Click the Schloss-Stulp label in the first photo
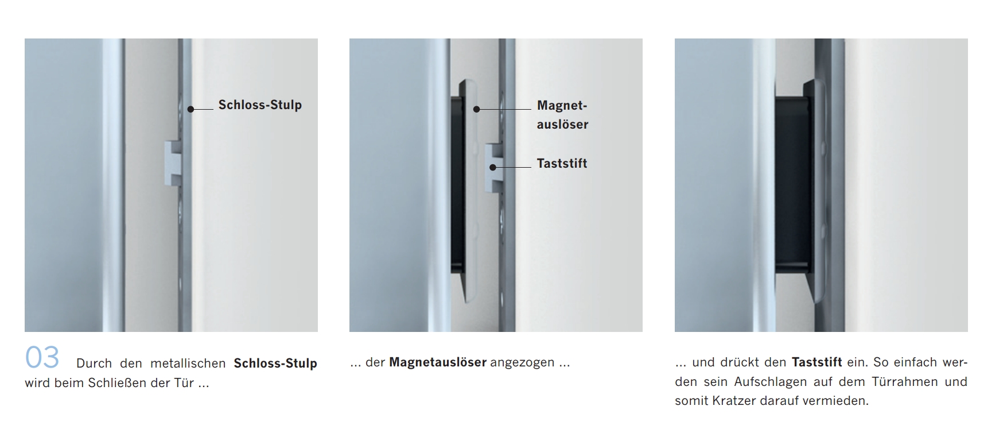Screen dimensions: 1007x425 click(260, 105)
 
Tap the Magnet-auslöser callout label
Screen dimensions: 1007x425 click(562, 115)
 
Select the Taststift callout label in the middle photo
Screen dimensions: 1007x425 click(562, 164)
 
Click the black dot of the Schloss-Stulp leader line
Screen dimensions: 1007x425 click(190, 109)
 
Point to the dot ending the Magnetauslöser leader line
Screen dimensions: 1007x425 click(476, 109)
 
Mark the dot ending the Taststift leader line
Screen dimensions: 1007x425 click(492, 167)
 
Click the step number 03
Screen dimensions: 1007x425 click(42, 357)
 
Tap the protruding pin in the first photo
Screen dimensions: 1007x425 click(173, 163)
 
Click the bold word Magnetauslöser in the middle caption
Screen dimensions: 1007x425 click(438, 362)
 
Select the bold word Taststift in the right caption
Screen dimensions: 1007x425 click(817, 362)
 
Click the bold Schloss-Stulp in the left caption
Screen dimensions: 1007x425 click(275, 364)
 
